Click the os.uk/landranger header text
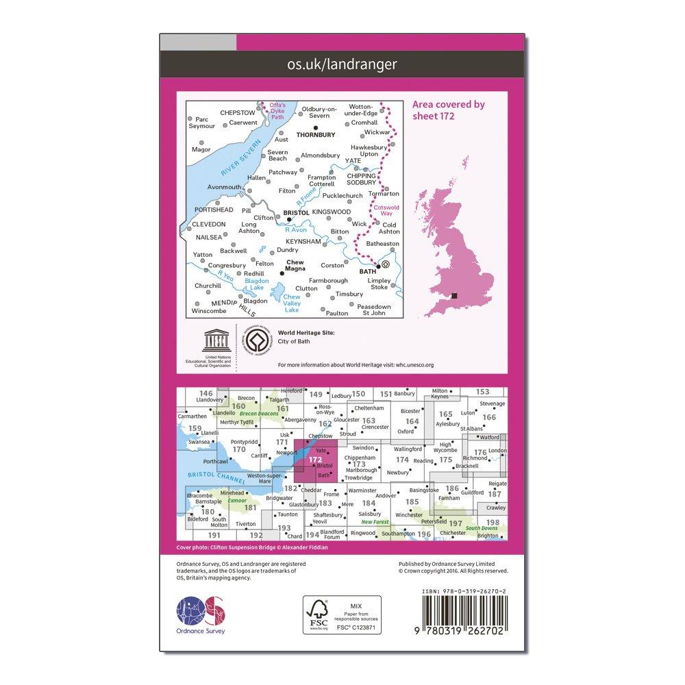(x=342, y=65)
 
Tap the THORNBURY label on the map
(x=316, y=135)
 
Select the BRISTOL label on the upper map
(x=296, y=214)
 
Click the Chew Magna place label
(x=294, y=266)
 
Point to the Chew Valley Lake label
(x=292, y=303)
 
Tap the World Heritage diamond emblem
(x=257, y=340)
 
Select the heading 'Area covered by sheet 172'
(x=449, y=110)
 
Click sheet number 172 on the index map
(x=315, y=460)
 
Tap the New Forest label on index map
(x=375, y=523)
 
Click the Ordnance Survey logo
(x=201, y=611)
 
